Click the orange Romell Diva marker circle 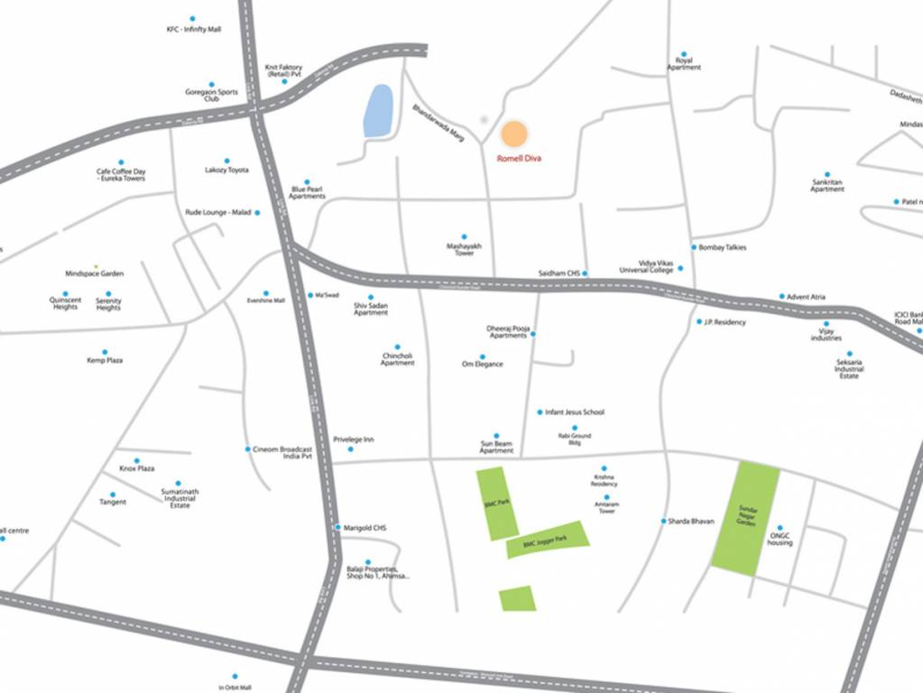[513, 134]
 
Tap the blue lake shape [378, 110]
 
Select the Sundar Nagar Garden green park [745, 518]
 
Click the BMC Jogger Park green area [549, 540]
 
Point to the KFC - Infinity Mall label [193, 30]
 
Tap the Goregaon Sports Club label [212, 95]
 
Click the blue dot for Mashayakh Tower [465, 236]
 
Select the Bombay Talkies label [723, 247]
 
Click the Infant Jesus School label [575, 412]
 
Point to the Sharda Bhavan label [691, 521]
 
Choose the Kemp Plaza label [105, 360]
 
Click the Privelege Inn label [354, 439]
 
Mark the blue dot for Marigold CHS [337, 528]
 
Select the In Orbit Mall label [235, 688]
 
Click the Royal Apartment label [684, 64]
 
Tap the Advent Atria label [806, 296]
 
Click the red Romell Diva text [519, 158]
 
